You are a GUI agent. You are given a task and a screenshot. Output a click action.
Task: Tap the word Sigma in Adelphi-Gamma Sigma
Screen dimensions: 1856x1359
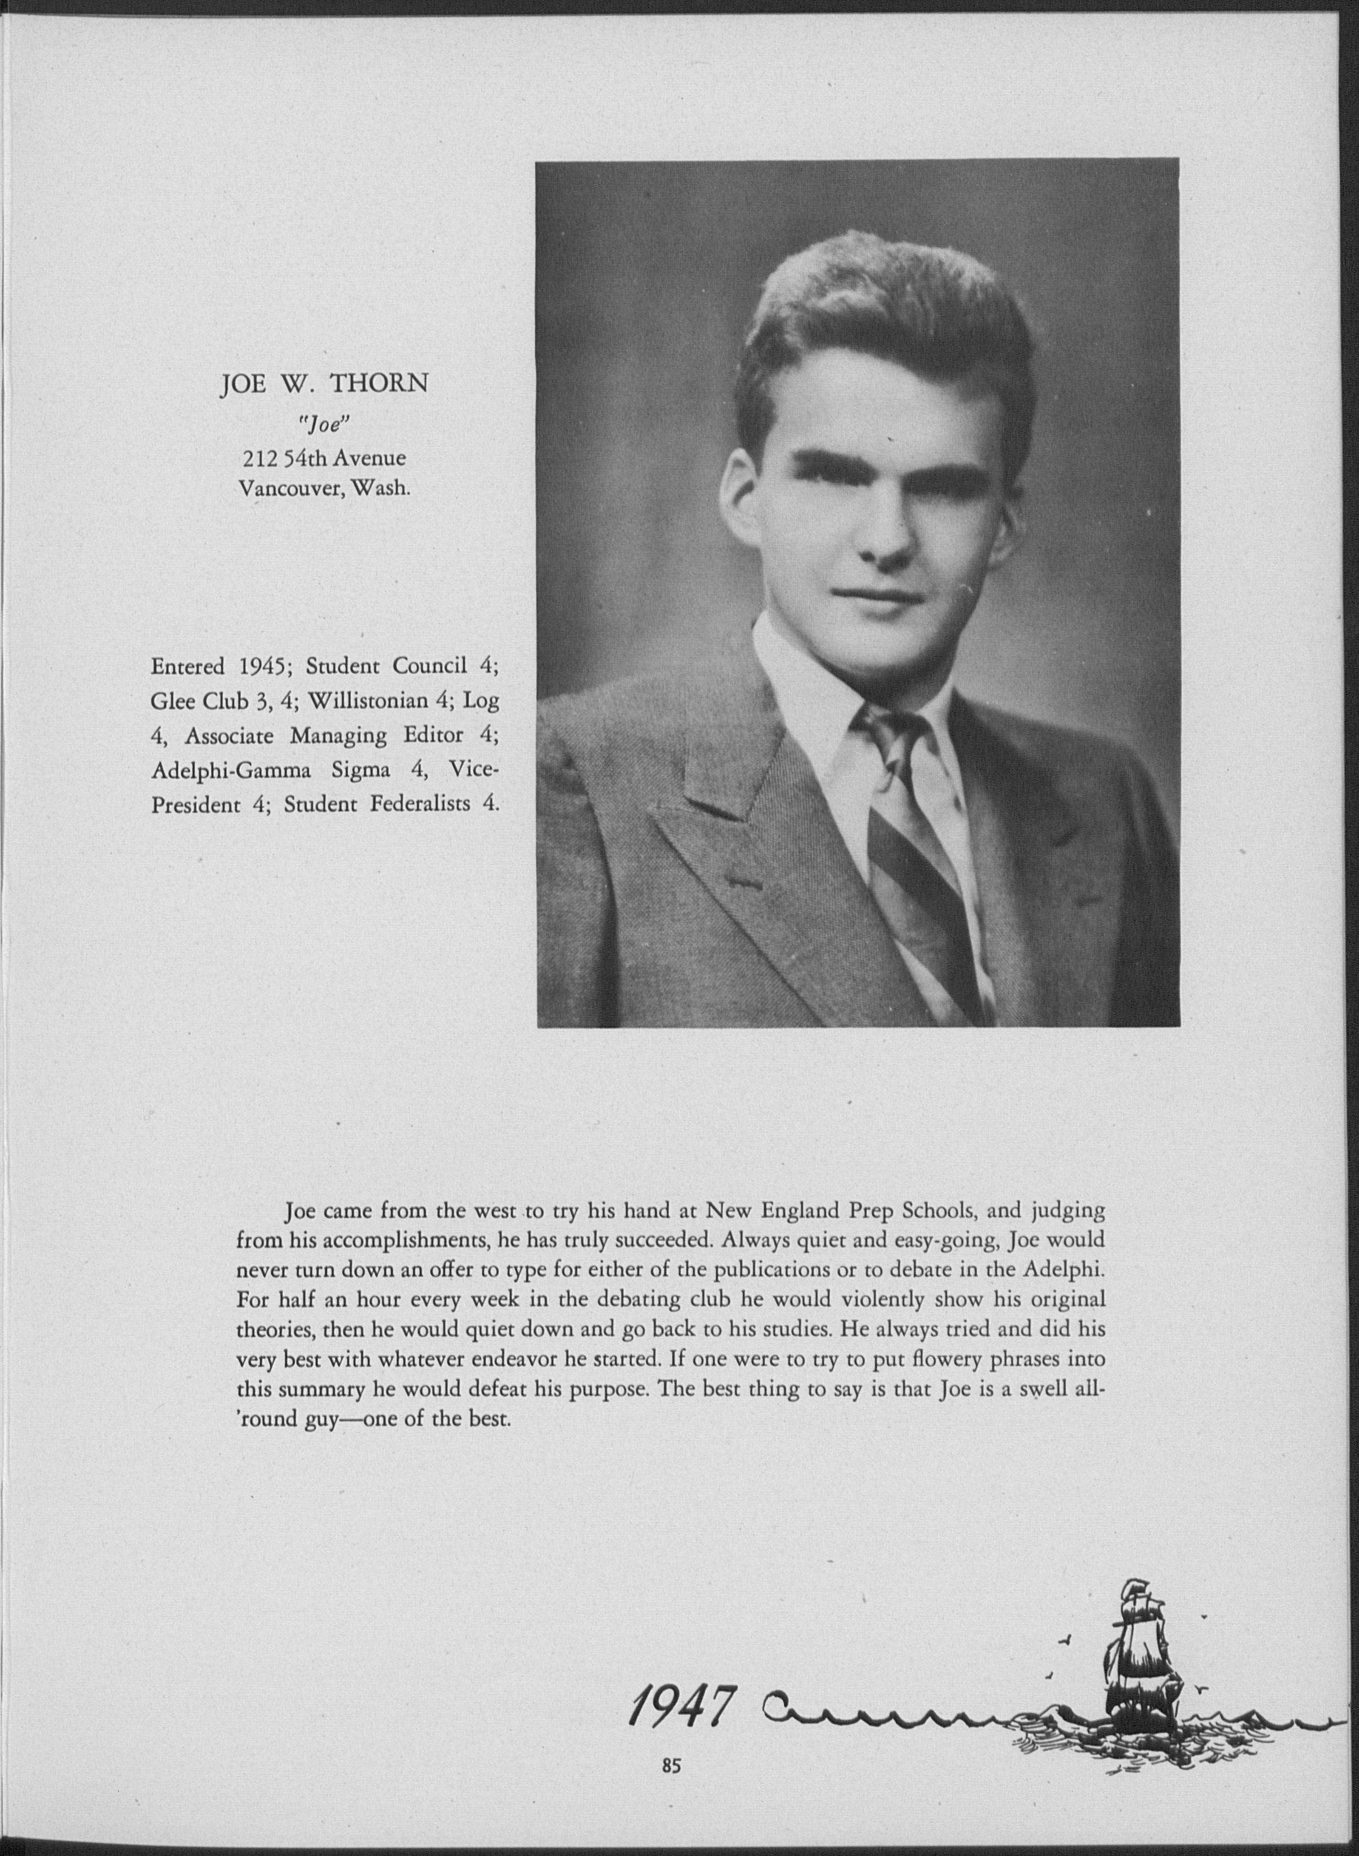[360, 770]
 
